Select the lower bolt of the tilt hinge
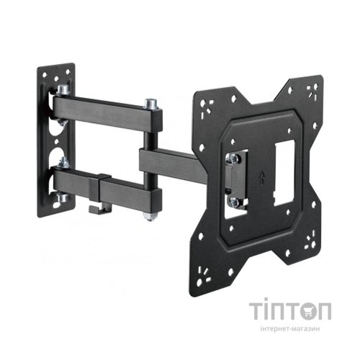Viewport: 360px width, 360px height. pyautogui.click(x=233, y=202)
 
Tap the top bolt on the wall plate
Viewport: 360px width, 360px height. pyautogui.click(x=63, y=91)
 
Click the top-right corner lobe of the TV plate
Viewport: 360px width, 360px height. pyautogui.click(x=311, y=93)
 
